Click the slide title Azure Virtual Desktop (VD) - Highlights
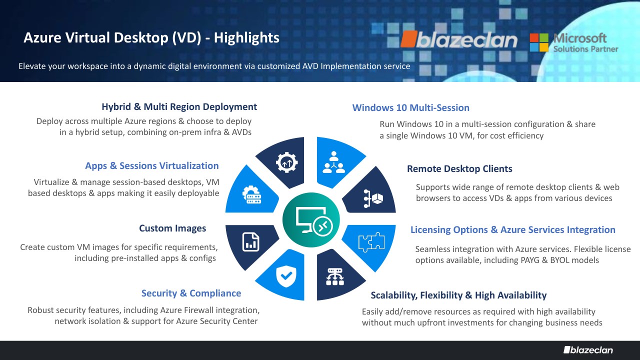[x=151, y=38]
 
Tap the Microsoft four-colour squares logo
[x=539, y=42]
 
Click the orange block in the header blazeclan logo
[x=409, y=39]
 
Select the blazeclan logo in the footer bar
[x=588, y=350]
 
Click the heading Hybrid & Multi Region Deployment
[x=179, y=107]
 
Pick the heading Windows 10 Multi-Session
[x=410, y=107]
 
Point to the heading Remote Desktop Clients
[x=459, y=169]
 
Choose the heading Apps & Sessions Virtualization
[x=151, y=166]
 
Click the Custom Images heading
[x=172, y=228]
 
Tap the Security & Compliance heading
[x=191, y=293]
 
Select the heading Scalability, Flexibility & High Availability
[x=458, y=295]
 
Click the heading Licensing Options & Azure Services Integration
[x=513, y=230]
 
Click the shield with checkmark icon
[x=286, y=276]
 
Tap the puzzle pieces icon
[x=371, y=242]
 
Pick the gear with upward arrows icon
[x=287, y=162]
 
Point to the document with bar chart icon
[x=251, y=242]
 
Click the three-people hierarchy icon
[x=333, y=162]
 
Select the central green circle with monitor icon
[x=311, y=219]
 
